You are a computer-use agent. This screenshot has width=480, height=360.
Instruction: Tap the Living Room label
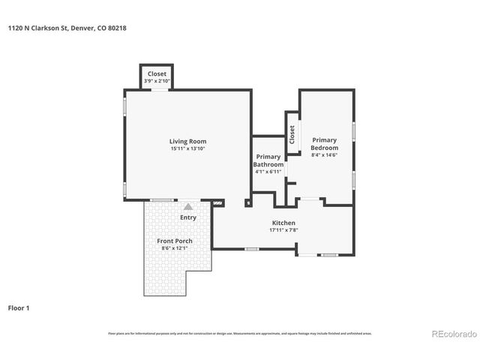point(187,141)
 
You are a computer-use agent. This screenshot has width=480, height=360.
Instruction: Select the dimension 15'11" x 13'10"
point(187,149)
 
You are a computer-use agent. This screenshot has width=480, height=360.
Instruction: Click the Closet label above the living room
point(157,73)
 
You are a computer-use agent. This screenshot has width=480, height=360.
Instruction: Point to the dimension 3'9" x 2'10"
point(157,81)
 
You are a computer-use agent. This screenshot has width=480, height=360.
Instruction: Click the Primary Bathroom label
point(268,160)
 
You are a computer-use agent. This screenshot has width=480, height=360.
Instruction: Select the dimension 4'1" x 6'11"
point(268,172)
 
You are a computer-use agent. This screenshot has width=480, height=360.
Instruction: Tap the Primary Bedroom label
point(325,144)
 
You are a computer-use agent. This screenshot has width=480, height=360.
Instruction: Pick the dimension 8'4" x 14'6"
point(325,155)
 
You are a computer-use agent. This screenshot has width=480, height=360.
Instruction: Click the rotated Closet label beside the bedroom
point(292,134)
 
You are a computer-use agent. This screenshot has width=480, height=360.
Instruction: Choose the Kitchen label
point(283,223)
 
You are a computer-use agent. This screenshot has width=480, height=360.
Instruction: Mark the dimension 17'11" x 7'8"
point(283,231)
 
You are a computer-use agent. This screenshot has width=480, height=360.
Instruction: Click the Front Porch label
point(175,241)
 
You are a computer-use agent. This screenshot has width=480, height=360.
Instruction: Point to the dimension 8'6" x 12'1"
point(175,248)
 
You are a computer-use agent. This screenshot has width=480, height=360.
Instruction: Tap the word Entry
point(188,217)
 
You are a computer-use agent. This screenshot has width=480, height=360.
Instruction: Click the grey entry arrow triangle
point(188,205)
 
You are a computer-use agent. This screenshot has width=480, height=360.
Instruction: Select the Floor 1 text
point(19,307)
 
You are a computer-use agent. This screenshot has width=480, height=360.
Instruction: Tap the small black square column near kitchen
point(248,202)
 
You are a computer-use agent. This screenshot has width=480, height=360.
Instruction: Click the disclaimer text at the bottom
point(240,333)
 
